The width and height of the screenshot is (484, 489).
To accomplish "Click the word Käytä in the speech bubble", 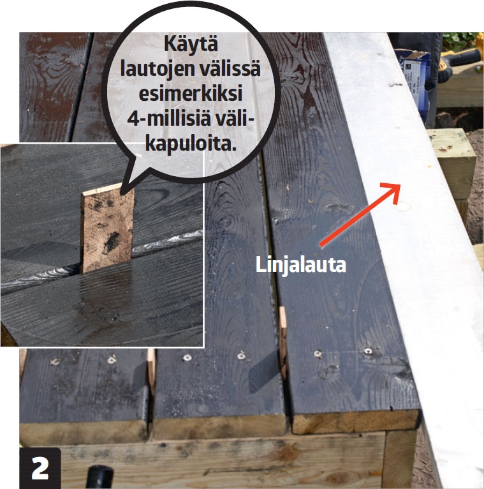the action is click(191, 44).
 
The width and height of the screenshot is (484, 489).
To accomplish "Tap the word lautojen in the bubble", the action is click(156, 69).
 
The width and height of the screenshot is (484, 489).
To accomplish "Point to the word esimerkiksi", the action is click(191, 94).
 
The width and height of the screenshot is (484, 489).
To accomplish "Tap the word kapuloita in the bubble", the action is click(191, 144).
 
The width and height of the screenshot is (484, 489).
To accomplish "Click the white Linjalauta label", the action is click(300, 266).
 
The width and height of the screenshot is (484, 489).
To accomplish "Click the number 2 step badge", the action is click(40, 468).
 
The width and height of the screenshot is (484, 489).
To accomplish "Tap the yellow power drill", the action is click(461, 59).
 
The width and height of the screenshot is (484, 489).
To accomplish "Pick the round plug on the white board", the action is click(402, 206).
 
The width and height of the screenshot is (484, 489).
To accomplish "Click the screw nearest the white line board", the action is click(369, 352).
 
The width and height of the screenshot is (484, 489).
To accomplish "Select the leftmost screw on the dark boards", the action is click(55, 362).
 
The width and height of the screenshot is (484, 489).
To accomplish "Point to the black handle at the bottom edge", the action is click(99, 477).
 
